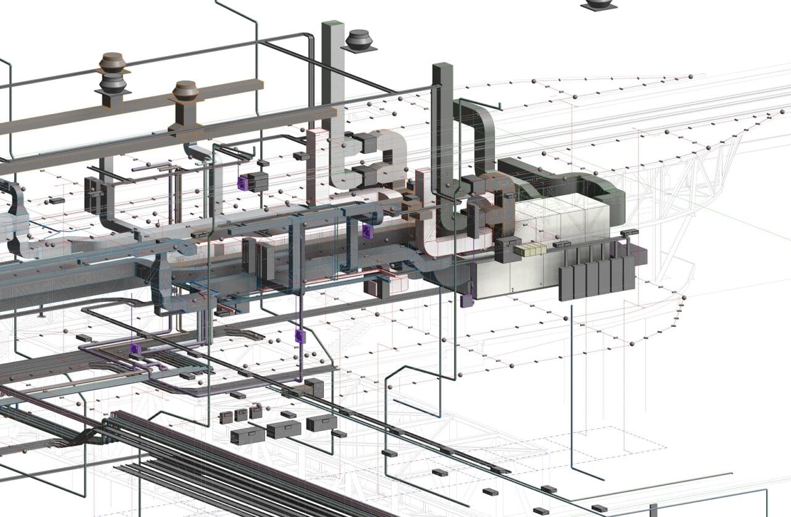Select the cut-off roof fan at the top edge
tap(598, 4)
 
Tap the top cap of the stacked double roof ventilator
tap(112, 60)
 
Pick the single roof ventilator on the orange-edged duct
tap(185, 91)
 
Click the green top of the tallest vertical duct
tap(332, 25)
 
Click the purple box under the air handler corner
tap(467, 301)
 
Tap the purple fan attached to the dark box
tap(242, 182)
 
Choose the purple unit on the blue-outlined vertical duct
tap(367, 232)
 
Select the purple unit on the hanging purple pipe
tap(300, 337)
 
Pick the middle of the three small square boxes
tap(241, 415)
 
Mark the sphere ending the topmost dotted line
tap(690, 77)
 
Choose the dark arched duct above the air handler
tap(575, 179)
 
